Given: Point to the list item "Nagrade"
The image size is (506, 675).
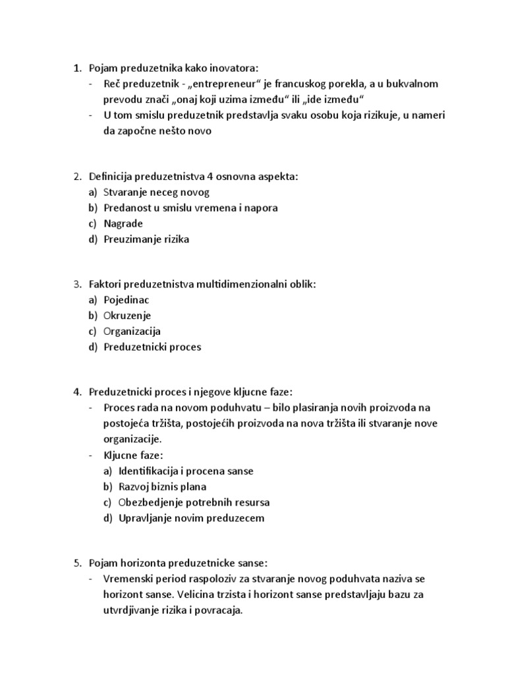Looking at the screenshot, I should coord(123,223).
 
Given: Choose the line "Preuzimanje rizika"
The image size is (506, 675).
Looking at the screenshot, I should coord(146,239).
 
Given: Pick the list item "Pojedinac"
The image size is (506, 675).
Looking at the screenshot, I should coord(126,300).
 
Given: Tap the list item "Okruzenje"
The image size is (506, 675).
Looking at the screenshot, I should coord(127,315).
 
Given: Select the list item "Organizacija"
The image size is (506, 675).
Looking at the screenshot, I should coord(132,331).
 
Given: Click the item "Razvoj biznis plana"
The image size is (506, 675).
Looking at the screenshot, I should coord(163,486).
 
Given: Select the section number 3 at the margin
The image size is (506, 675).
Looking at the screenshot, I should coord(76,284).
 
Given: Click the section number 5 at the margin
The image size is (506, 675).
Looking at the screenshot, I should coord(76,564).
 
